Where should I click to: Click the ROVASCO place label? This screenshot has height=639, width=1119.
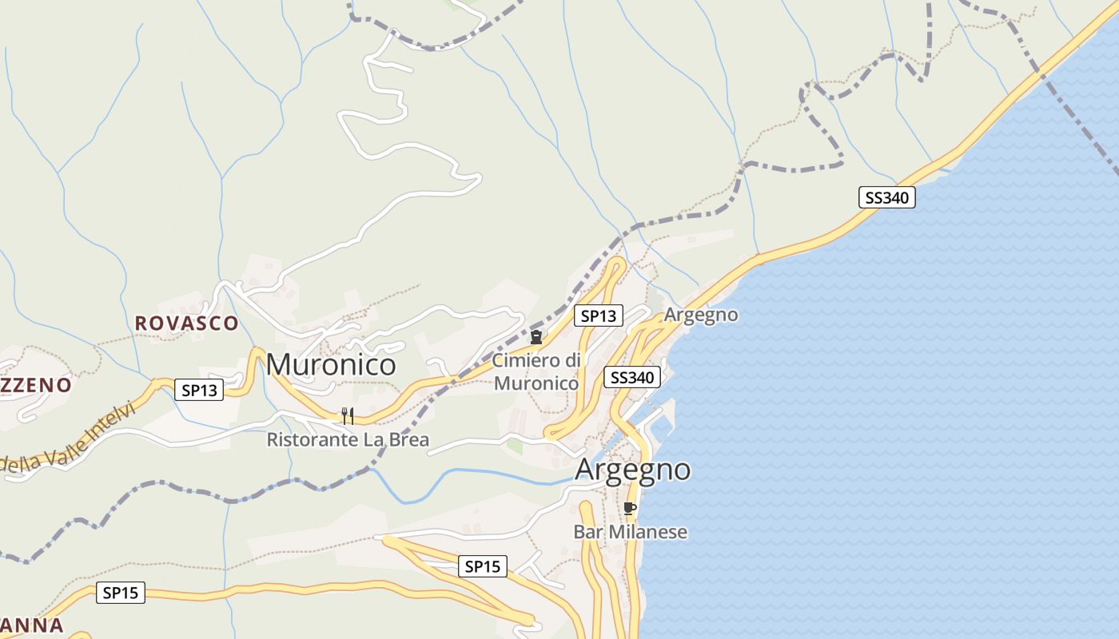coord(186,323)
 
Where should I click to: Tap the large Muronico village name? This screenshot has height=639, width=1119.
coord(331,364)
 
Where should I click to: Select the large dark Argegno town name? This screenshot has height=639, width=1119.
coord(632,470)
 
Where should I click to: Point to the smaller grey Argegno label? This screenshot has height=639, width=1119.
coord(701,315)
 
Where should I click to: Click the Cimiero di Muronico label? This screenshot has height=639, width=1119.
coord(536,371)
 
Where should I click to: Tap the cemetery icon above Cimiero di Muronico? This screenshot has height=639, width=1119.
coord(536,337)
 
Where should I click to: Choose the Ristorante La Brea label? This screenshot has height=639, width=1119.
coord(348,439)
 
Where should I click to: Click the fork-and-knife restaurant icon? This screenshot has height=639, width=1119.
coord(348,415)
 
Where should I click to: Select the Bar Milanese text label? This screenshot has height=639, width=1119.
coord(630,532)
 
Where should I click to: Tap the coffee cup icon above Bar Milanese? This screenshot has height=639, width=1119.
coord(630,508)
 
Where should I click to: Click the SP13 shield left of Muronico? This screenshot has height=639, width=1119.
coord(199,390)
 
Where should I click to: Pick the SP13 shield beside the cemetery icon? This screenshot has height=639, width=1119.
coord(599,316)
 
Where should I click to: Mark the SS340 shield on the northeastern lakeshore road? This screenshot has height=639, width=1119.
coord(886,197)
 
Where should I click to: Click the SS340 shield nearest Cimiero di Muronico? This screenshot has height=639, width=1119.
coord(631,377)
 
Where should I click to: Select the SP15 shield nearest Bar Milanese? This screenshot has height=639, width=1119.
coord(483,566)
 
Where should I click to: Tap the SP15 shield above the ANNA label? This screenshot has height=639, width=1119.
coord(121,593)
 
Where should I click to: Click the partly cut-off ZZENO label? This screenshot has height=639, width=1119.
coord(35,385)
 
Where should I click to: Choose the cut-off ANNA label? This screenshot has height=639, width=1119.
coord(31,625)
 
